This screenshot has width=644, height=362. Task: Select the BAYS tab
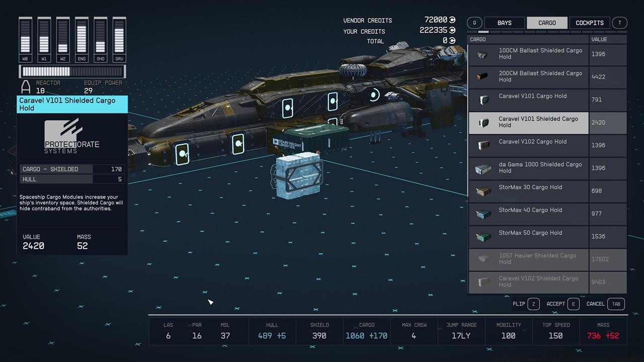[504, 23]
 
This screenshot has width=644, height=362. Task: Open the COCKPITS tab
[589, 23]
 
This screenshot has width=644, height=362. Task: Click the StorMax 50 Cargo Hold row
[528, 236]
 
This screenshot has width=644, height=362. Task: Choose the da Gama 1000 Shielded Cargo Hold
[528, 168]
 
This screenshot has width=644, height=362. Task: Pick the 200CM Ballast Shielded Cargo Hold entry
[528, 77]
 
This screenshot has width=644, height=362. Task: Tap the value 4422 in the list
[598, 77]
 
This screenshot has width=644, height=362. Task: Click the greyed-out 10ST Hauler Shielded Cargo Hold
[528, 259]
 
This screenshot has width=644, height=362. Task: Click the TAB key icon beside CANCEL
[616, 304]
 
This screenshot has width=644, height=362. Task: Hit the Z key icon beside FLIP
[533, 304]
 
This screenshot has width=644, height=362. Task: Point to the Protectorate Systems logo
[71, 137]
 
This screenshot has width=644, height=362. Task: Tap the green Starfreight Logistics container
[308, 140]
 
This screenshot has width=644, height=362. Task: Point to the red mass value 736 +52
[603, 335]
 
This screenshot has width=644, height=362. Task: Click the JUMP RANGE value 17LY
[461, 335]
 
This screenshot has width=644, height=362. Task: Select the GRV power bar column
[119, 36]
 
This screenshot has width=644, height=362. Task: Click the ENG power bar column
[82, 36]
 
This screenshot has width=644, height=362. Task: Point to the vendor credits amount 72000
[436, 20]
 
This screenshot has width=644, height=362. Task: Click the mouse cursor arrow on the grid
[210, 302]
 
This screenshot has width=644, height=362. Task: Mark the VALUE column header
[599, 39]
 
